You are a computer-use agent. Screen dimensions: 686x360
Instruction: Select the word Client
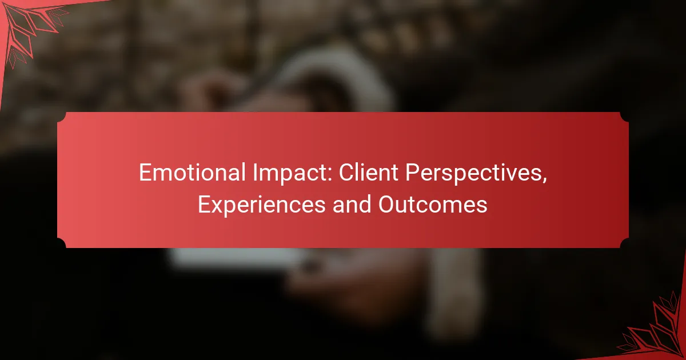pos(368,173)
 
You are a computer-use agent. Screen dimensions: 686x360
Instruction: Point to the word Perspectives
pos(473,174)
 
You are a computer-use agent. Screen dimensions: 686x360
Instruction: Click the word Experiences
pos(262,206)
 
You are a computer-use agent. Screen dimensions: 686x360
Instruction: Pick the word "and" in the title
pos(352,205)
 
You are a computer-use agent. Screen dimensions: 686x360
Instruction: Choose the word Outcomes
pos(433,205)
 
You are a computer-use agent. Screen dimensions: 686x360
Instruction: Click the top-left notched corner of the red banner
pos(62,117)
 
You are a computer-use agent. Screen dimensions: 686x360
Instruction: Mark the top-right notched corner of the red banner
pos(624,117)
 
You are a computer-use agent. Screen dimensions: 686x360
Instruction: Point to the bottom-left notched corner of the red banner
pos(62,243)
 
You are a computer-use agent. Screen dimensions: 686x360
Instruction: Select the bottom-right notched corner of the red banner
pos(624,243)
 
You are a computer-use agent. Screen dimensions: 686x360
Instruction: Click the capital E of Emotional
pos(146,173)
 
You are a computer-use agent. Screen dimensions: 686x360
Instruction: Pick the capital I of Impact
pos(255,173)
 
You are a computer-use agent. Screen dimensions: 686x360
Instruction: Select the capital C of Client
pos(346,173)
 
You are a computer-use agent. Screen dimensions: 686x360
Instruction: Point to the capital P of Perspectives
pos(413,173)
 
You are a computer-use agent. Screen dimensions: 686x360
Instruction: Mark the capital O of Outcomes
pos(387,205)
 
